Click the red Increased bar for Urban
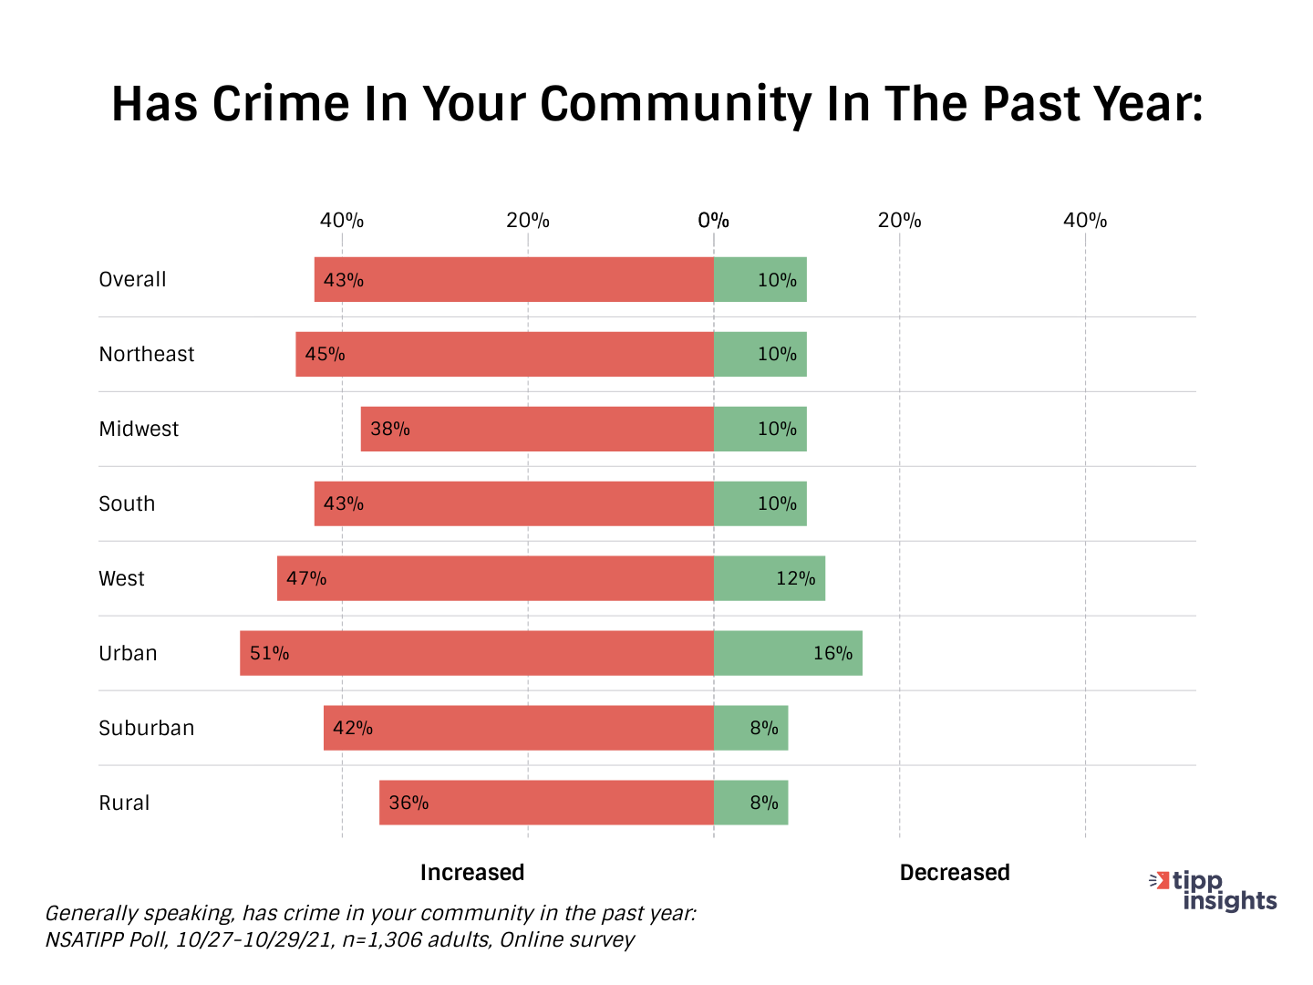click(x=477, y=653)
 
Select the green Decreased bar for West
click(x=770, y=578)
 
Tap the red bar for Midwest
click(x=537, y=429)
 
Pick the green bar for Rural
click(x=750, y=803)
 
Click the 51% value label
click(x=269, y=653)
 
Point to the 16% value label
click(x=832, y=653)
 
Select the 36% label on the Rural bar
click(x=408, y=803)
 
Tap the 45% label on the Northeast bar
click(x=325, y=354)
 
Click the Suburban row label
click(x=147, y=728)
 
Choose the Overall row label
click(x=132, y=279)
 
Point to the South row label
click(x=127, y=503)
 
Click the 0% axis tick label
click(x=713, y=221)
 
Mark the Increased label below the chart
click(x=472, y=873)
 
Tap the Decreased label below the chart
click(x=955, y=873)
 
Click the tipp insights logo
click(x=1214, y=891)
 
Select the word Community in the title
click(x=675, y=105)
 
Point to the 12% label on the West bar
click(x=795, y=578)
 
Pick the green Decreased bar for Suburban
click(x=750, y=728)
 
